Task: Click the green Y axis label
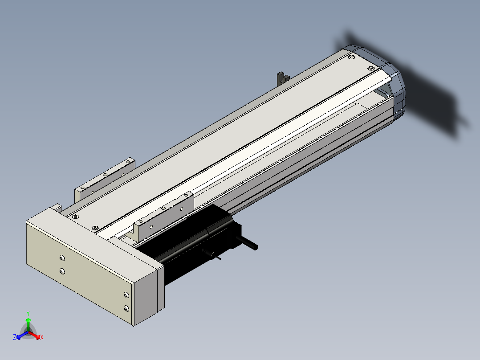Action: [28, 313]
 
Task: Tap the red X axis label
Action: [42, 337]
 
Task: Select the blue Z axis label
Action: [15, 337]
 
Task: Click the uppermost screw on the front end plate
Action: [62, 258]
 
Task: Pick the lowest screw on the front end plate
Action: [126, 308]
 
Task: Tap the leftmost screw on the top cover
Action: [75, 217]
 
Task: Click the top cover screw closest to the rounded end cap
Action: [371, 68]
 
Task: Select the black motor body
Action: [196, 242]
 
